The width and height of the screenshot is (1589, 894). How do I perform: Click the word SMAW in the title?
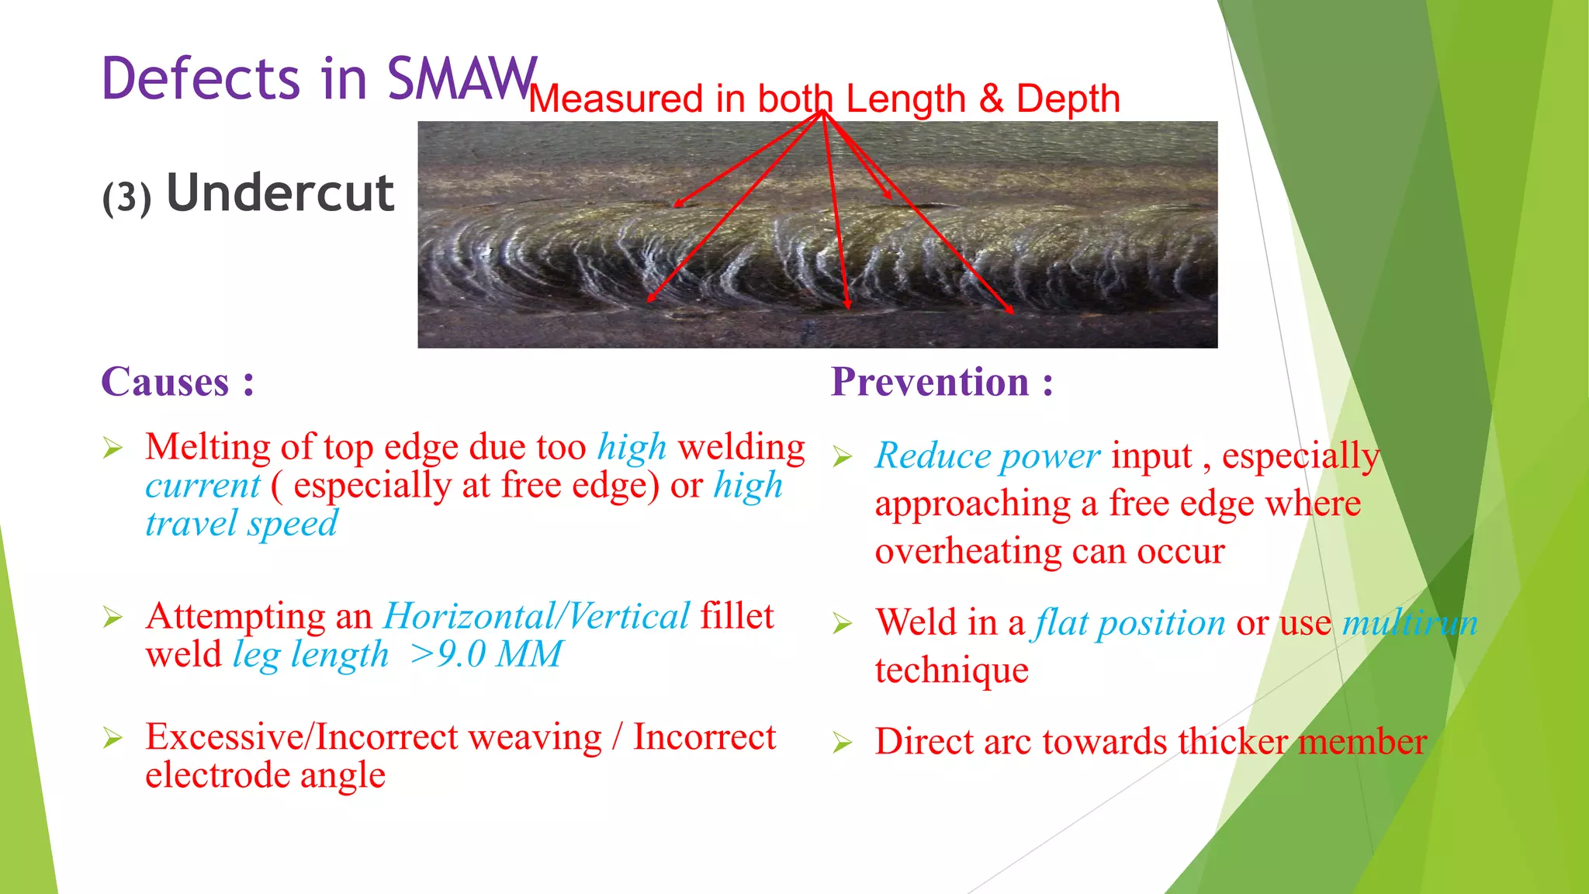tap(461, 78)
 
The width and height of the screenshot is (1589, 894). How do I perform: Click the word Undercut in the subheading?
tap(280, 193)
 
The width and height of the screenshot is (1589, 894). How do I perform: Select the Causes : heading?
tap(178, 382)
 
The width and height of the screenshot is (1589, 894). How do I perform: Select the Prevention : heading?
tap(942, 382)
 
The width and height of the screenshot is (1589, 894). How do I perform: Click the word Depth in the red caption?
tap(1068, 99)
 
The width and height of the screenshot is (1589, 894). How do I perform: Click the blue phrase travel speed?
tap(241, 523)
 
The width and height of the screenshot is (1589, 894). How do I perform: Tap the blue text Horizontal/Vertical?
tap(536, 616)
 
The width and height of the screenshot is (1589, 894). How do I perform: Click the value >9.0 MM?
tap(486, 654)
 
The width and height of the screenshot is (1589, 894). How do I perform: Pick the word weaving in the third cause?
tap(535, 737)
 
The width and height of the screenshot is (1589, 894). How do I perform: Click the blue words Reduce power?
tap(987, 456)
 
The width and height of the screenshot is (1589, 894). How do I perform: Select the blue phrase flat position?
tap(1130, 623)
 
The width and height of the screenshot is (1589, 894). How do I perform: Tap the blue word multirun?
tap(1410, 623)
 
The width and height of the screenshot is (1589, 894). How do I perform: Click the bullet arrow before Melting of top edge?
tap(113, 449)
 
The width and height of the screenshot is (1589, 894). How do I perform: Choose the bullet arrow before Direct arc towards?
tap(843, 743)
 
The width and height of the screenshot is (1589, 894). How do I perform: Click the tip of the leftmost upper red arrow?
tap(675, 206)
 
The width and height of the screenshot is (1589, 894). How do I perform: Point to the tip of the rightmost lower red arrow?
tap(1013, 313)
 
